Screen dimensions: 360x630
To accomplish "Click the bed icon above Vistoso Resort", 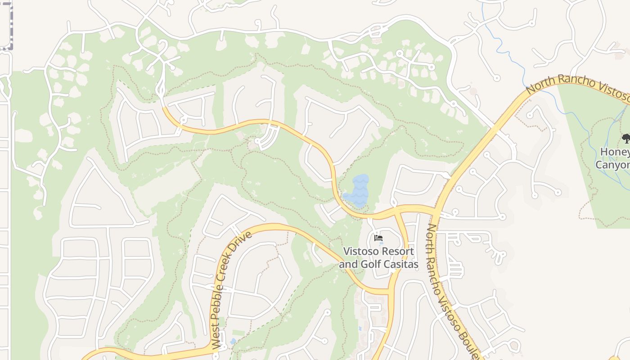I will [378, 238].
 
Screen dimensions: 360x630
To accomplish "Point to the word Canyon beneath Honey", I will [613, 165].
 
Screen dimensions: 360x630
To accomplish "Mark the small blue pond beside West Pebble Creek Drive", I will [233, 342].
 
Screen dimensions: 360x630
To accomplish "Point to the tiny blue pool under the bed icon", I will [381, 243].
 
